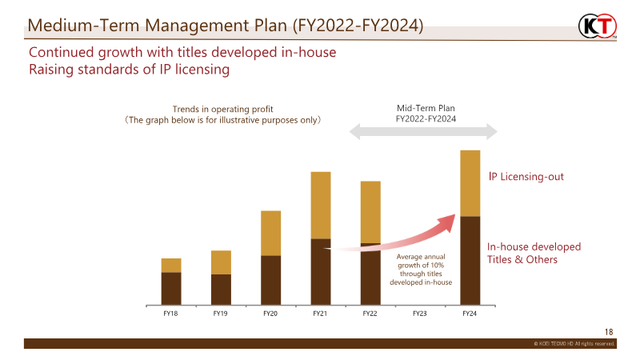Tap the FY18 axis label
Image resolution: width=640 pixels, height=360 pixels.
point(170,314)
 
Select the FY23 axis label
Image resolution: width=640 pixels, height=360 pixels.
point(420,314)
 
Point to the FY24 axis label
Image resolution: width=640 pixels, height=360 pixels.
point(470,314)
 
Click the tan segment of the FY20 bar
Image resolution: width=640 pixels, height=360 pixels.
point(270,233)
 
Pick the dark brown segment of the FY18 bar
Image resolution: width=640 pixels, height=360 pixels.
point(170,289)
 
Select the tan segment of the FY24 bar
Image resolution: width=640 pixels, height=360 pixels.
point(470,183)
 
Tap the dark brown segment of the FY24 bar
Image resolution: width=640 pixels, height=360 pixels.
point(470,260)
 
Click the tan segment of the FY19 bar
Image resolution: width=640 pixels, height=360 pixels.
point(221,262)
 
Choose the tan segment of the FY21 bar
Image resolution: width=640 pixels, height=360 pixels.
point(320,205)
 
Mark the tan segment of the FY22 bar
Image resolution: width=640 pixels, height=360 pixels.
point(370,212)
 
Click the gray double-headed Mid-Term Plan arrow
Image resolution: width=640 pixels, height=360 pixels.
point(424,130)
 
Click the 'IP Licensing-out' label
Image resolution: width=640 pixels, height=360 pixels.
point(526,175)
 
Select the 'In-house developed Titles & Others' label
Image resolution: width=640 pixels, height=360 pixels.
point(534,253)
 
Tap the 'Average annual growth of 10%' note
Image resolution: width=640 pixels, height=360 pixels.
point(421,269)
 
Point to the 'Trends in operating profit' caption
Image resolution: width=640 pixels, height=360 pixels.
point(229,114)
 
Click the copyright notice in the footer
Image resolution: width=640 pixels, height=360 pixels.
point(574,343)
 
